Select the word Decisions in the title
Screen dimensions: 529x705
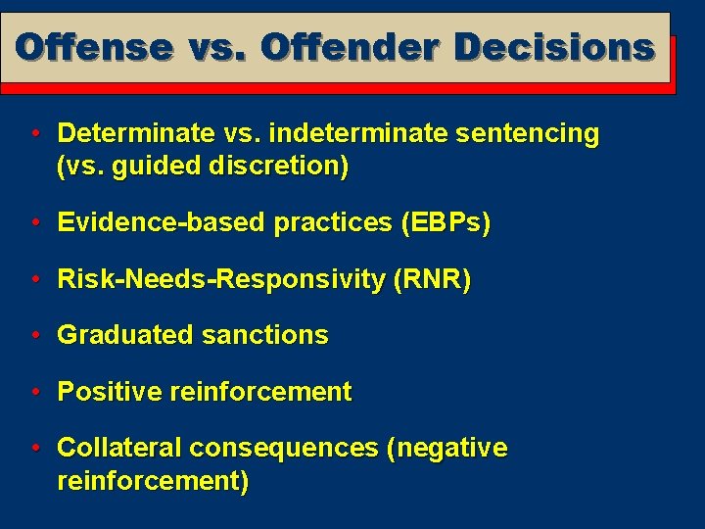click(554, 47)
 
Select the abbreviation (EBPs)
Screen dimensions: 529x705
click(446, 222)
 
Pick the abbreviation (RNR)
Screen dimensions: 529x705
click(432, 279)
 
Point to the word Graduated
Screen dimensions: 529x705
click(125, 335)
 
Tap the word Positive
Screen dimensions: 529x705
click(110, 392)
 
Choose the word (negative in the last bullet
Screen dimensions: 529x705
click(447, 448)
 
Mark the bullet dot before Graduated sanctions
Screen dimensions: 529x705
click(34, 335)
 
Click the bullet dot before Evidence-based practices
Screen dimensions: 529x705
click(34, 222)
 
